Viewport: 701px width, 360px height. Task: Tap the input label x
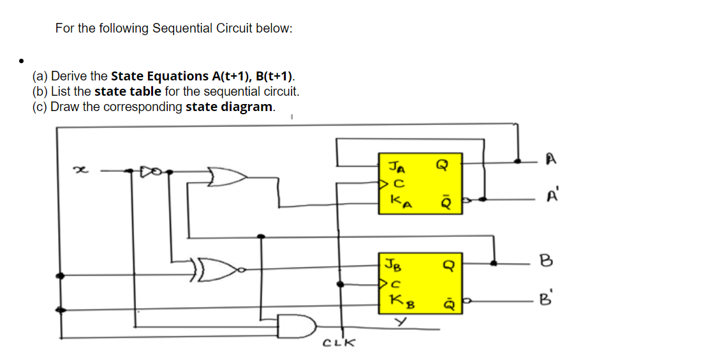pyautogui.click(x=80, y=170)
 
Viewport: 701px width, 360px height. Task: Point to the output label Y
pyautogui.click(x=401, y=323)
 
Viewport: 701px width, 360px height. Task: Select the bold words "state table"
pyautogui.click(x=128, y=91)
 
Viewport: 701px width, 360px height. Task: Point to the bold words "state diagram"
pyautogui.click(x=230, y=107)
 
